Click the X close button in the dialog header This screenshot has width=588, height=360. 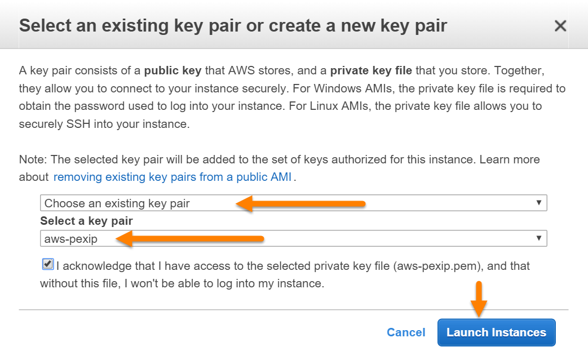coord(560,26)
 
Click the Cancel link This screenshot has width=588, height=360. coord(406,332)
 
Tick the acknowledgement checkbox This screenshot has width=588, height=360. coord(47,264)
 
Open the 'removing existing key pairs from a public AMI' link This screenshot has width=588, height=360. coord(172,177)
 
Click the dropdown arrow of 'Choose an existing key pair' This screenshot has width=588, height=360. coord(539,203)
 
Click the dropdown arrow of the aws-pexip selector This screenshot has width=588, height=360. coord(539,238)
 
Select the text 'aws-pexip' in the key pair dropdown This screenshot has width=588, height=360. coord(71,239)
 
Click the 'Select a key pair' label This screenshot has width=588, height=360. coord(87,221)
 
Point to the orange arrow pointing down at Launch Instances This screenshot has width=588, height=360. coord(479,299)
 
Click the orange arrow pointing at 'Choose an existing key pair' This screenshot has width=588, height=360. coord(300,204)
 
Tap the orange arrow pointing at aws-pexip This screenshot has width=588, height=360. coord(190,239)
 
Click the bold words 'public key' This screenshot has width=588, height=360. coord(173,70)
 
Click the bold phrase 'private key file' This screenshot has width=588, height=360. coord(371,70)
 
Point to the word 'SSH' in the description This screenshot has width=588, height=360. coord(78,123)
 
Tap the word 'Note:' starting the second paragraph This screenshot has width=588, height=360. coord(33,159)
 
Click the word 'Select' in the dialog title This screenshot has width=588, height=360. coord(45,26)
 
